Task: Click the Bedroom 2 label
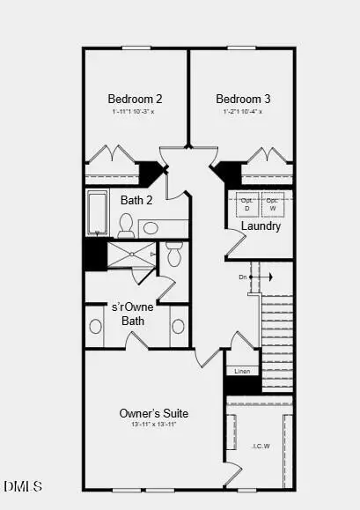135,99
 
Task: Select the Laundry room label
261,226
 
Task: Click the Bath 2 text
136,200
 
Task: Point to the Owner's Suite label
154,413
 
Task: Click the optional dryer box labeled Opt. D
247,204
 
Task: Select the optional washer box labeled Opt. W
273,204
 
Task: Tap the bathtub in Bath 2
97,213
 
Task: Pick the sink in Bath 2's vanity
151,228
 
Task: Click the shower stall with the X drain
131,255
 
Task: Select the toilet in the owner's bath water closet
173,255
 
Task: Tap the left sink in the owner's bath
96,326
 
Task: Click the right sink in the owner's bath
178,326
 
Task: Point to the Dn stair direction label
243,277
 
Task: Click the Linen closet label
243,371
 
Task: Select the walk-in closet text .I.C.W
261,446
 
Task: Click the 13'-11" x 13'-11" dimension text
154,425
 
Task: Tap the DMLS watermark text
23,486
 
